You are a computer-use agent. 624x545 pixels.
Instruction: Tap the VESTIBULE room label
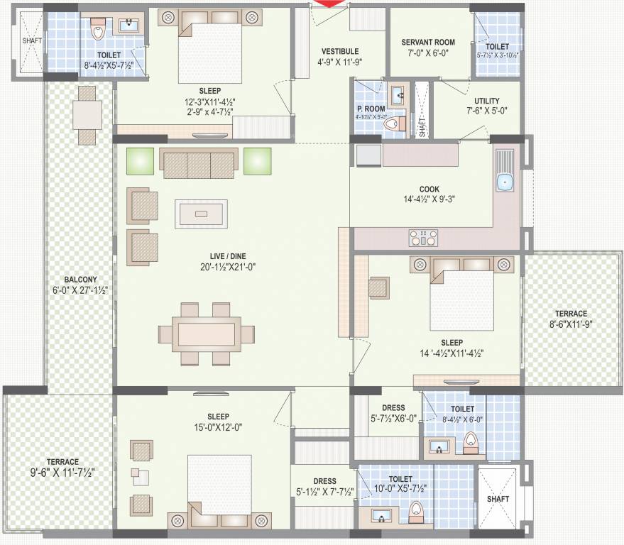pos(339,51)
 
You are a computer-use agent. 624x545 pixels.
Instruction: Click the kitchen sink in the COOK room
pos(505,182)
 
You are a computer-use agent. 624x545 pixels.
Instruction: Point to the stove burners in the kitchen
pos(423,237)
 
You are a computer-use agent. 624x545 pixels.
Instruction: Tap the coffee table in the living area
pos(202,214)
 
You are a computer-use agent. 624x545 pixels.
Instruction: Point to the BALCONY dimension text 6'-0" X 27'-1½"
pos(80,290)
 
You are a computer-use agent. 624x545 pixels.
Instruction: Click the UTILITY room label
pos(483,101)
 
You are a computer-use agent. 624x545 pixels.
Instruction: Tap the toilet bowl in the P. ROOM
pos(391,124)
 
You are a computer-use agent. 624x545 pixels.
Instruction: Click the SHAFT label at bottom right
pos(498,499)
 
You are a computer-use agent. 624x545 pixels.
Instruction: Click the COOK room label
pos(429,189)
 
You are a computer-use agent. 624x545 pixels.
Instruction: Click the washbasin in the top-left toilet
pos(130,26)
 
